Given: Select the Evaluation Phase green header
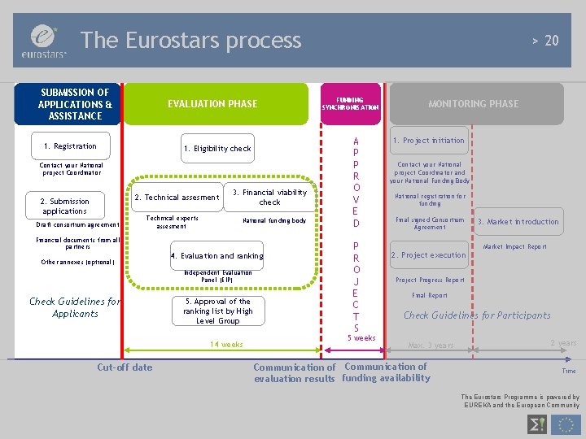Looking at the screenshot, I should click(x=212, y=103).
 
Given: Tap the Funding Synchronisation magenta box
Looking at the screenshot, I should click(x=350, y=104).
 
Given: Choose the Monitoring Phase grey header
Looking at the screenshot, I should click(x=473, y=104).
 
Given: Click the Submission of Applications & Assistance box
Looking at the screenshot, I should click(x=75, y=104).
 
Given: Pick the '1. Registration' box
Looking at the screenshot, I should click(x=70, y=146).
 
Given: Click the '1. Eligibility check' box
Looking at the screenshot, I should click(x=217, y=148).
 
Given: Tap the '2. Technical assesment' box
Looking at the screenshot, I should click(x=177, y=197).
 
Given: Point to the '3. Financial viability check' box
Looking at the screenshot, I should click(x=269, y=197).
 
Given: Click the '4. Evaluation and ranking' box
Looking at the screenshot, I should click(x=216, y=256).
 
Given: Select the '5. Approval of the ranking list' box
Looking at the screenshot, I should click(x=217, y=311).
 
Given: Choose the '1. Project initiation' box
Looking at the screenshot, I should click(x=428, y=141).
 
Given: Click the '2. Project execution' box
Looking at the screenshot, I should click(x=428, y=255).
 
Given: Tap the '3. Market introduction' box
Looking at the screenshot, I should click(x=518, y=222).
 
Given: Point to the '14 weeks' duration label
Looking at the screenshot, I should click(x=226, y=345).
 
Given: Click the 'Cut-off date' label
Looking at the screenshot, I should click(x=125, y=367).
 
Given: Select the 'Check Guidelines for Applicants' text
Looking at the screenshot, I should click(x=75, y=307).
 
